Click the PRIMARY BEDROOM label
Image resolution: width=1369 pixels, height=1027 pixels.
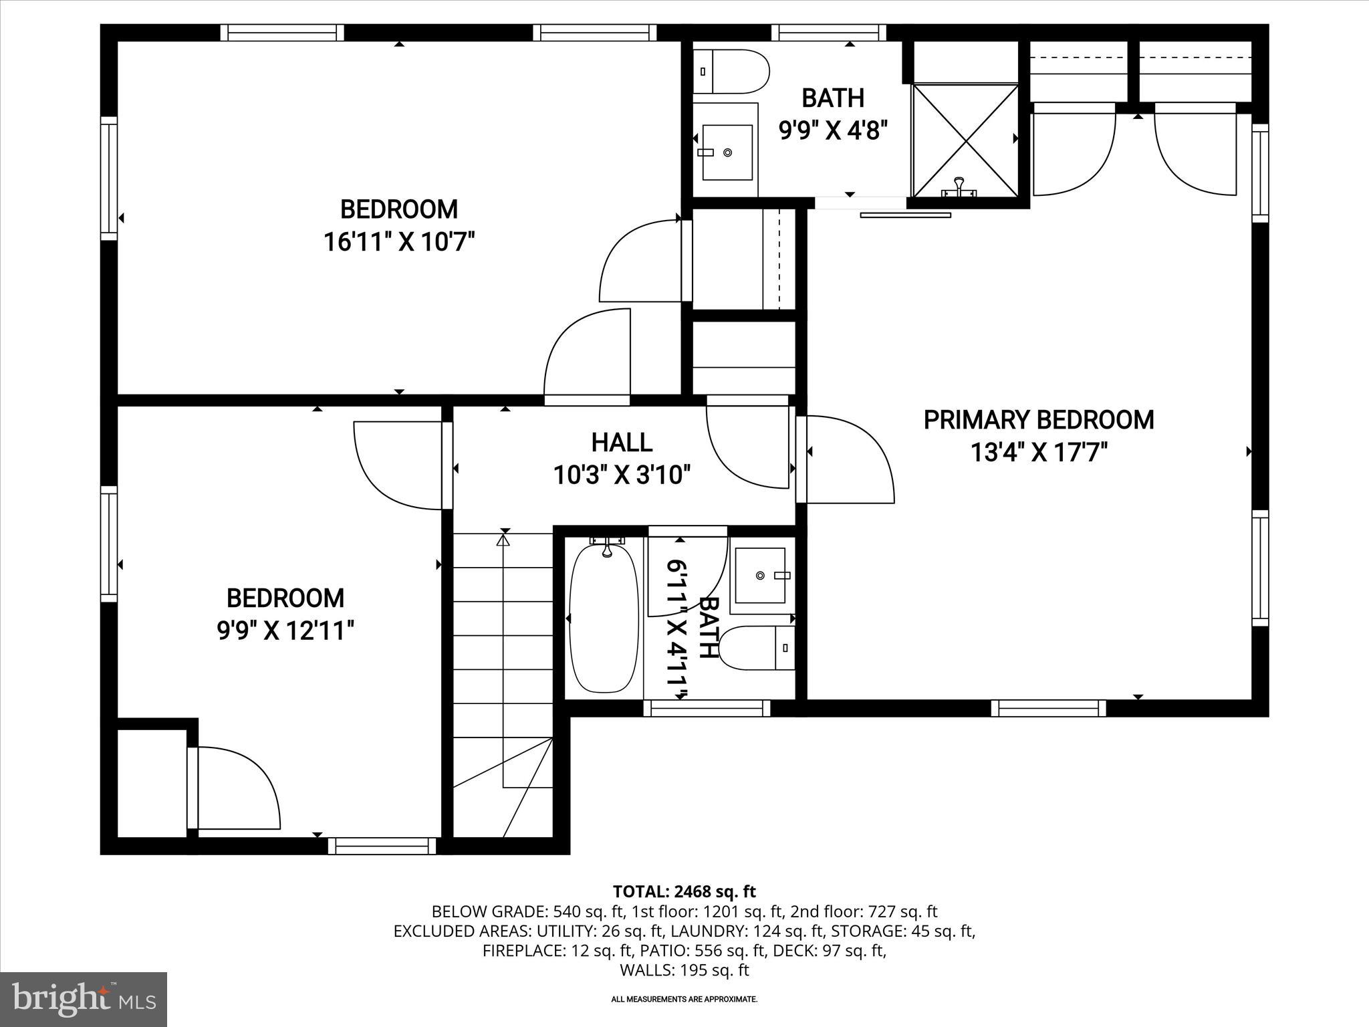pos(1038,420)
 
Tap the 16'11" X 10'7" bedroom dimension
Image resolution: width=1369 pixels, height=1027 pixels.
pos(399,241)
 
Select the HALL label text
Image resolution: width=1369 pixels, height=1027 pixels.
pos(622,442)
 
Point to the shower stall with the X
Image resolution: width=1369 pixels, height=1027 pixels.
pos(965,140)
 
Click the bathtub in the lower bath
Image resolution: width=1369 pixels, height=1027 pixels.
pos(604,618)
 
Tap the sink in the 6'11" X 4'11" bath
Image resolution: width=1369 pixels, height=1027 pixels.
pos(761,576)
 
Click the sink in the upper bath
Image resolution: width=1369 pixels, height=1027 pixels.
pos(726,152)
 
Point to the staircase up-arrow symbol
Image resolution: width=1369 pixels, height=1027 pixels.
pos(503,538)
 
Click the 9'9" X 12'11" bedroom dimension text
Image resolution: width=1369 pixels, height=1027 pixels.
pos(285,630)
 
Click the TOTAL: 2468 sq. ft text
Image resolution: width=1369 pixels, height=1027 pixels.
pos(684,891)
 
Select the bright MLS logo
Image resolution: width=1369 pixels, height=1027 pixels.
pos(84,999)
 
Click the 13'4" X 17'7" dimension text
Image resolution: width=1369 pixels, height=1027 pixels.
pos(1038,453)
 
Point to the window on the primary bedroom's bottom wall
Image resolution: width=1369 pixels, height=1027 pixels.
pos(1047,708)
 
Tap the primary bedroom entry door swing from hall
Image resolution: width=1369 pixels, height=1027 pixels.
pos(849,459)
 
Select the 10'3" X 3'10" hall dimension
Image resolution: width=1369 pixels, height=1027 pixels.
pos(622,475)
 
